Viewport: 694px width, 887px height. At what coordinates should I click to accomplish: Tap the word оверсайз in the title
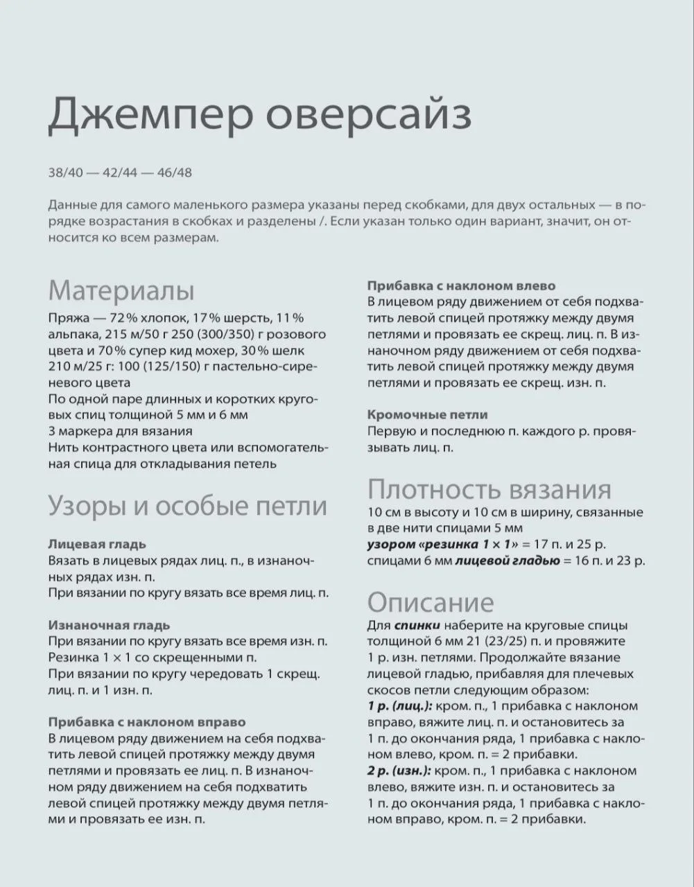tap(370, 115)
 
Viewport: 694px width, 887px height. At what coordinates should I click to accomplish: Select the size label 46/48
tap(175, 173)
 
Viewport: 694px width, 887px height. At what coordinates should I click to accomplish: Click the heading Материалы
tap(121, 290)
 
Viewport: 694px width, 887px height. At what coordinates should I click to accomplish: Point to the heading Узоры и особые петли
tap(187, 507)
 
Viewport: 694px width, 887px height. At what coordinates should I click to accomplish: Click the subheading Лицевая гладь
tap(97, 544)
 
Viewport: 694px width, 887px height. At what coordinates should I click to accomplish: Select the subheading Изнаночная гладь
tap(109, 625)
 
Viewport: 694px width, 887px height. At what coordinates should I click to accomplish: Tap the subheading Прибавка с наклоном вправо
tap(147, 722)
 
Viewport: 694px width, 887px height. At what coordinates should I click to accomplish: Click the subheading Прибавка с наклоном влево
tap(461, 286)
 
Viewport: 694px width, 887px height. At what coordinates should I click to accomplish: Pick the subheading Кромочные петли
tap(427, 414)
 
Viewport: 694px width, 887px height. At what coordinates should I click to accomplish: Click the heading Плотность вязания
tap(489, 489)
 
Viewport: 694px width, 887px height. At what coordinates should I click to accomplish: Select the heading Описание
tap(431, 601)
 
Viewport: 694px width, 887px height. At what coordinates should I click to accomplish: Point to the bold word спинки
tap(416, 625)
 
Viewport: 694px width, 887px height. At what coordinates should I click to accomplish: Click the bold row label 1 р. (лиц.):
tap(400, 706)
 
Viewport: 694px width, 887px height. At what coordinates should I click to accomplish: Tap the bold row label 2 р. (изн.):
tap(400, 771)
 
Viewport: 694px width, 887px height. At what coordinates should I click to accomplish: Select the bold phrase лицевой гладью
tap(507, 561)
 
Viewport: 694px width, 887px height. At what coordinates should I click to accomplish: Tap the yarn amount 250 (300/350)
tap(206, 334)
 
